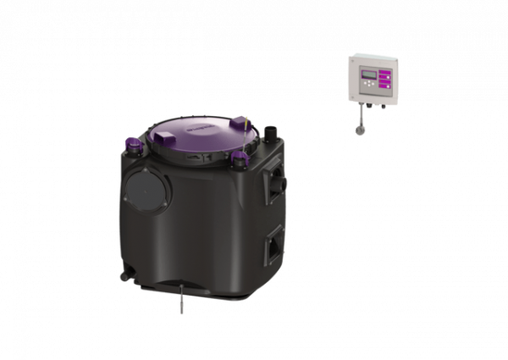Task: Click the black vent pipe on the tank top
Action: tap(273, 133)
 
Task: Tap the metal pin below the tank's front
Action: tap(180, 302)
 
